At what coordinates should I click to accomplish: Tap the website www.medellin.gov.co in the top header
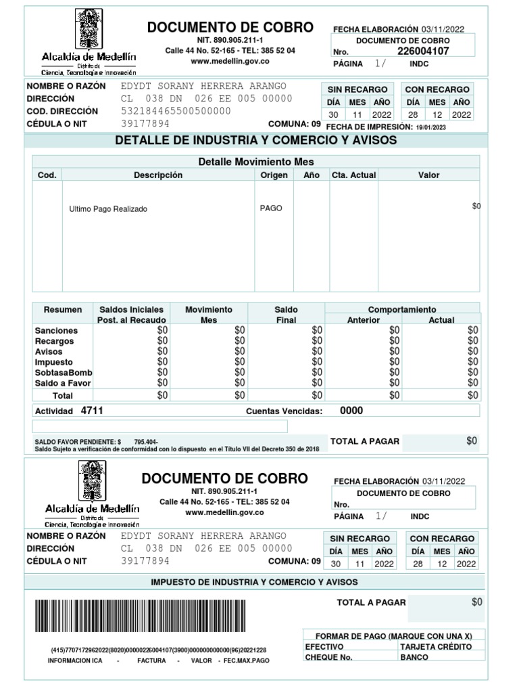click(230, 61)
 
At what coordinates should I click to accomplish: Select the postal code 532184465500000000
click(176, 111)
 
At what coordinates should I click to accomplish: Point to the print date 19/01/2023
click(431, 127)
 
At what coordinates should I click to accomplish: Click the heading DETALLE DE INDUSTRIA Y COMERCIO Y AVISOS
click(256, 141)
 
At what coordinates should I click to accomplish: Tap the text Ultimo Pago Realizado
click(108, 209)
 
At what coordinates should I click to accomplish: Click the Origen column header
click(274, 175)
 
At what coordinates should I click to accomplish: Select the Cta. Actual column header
click(353, 175)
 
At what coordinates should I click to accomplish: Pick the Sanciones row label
click(56, 330)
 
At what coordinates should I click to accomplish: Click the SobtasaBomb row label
click(64, 373)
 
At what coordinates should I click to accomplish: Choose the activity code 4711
click(92, 410)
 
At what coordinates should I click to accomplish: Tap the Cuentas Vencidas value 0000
click(351, 410)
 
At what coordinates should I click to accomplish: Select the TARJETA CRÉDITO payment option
click(436, 646)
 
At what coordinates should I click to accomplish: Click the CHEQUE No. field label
click(329, 657)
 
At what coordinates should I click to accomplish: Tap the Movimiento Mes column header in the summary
click(209, 315)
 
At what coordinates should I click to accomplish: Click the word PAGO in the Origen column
click(271, 208)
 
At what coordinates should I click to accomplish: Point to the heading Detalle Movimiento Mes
click(256, 162)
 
